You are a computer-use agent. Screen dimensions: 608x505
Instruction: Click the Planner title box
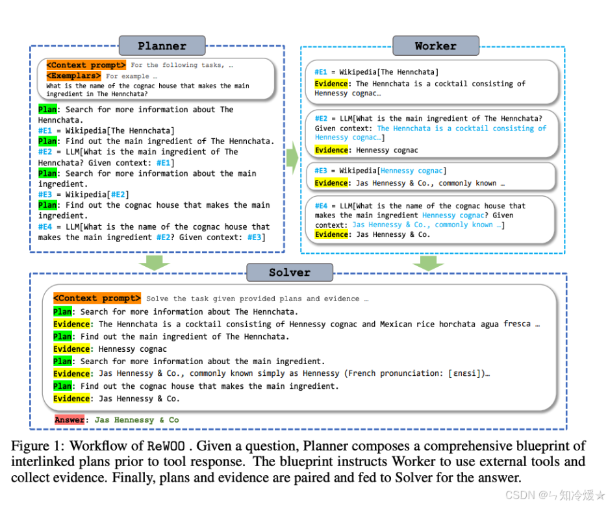click(x=162, y=46)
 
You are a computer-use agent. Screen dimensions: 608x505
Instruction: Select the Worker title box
click(x=435, y=46)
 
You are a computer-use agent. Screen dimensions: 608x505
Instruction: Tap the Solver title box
click(x=289, y=273)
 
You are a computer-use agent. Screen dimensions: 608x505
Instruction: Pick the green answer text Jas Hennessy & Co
click(x=137, y=420)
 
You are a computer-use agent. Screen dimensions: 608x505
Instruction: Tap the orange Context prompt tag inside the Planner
click(x=86, y=65)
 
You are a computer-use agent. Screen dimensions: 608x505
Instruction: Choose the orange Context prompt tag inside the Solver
click(x=97, y=299)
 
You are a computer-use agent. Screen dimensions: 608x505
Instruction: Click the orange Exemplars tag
click(x=74, y=76)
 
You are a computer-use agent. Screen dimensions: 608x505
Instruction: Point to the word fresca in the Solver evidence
click(x=516, y=324)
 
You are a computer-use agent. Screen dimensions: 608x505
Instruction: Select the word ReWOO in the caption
click(x=165, y=447)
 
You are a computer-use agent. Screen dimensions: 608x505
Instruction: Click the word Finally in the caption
click(x=129, y=478)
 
